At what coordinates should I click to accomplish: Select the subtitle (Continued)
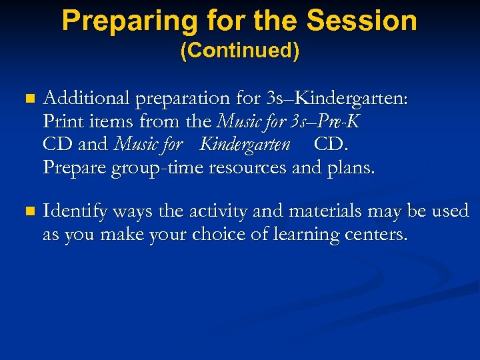(x=240, y=52)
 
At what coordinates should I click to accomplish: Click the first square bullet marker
(x=27, y=99)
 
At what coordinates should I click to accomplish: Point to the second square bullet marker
(x=27, y=212)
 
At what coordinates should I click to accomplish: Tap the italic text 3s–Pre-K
(x=326, y=121)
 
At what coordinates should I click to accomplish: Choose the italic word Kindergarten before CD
(x=245, y=144)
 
